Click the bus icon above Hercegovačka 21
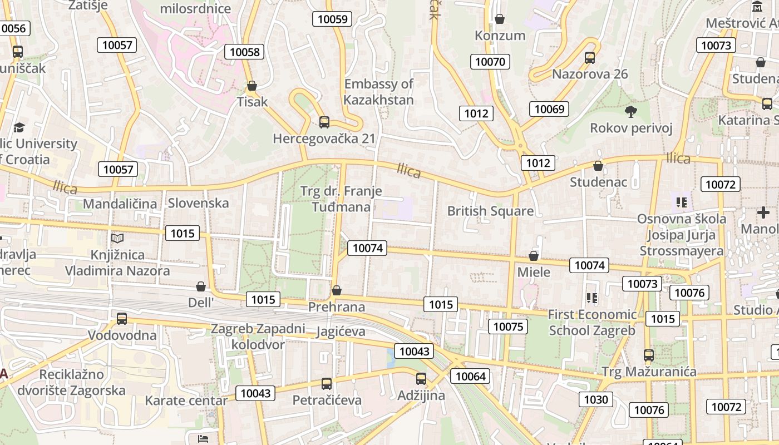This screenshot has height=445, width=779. pos(324,122)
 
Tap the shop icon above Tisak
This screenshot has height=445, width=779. pos(252,86)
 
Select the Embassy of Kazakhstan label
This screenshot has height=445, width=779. pos(378,92)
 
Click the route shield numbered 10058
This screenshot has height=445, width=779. pos(244,52)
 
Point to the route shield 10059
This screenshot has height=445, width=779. pos(332,19)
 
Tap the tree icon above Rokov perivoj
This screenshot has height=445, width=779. pos(631,112)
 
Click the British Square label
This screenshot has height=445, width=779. pos(490,211)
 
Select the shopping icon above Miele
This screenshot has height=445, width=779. pos(534,256)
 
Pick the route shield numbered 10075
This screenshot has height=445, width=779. pos(508,327)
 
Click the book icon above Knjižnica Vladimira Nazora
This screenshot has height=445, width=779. pos(117,238)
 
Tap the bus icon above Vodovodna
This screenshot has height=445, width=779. pos(122,319)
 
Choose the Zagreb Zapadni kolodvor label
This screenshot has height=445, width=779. pos(258,337)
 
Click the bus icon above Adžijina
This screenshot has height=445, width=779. pos(421,379)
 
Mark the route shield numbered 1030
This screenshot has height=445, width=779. pos(596,399)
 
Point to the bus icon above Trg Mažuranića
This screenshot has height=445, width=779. pos(649,355)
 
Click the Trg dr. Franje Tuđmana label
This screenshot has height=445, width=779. pos(341,199)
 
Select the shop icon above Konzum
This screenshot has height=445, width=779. pos(500,19)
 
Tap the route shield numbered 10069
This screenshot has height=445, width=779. pos(549,109)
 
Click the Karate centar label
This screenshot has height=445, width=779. pos(186,400)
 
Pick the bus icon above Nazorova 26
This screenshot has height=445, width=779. pos(590,57)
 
